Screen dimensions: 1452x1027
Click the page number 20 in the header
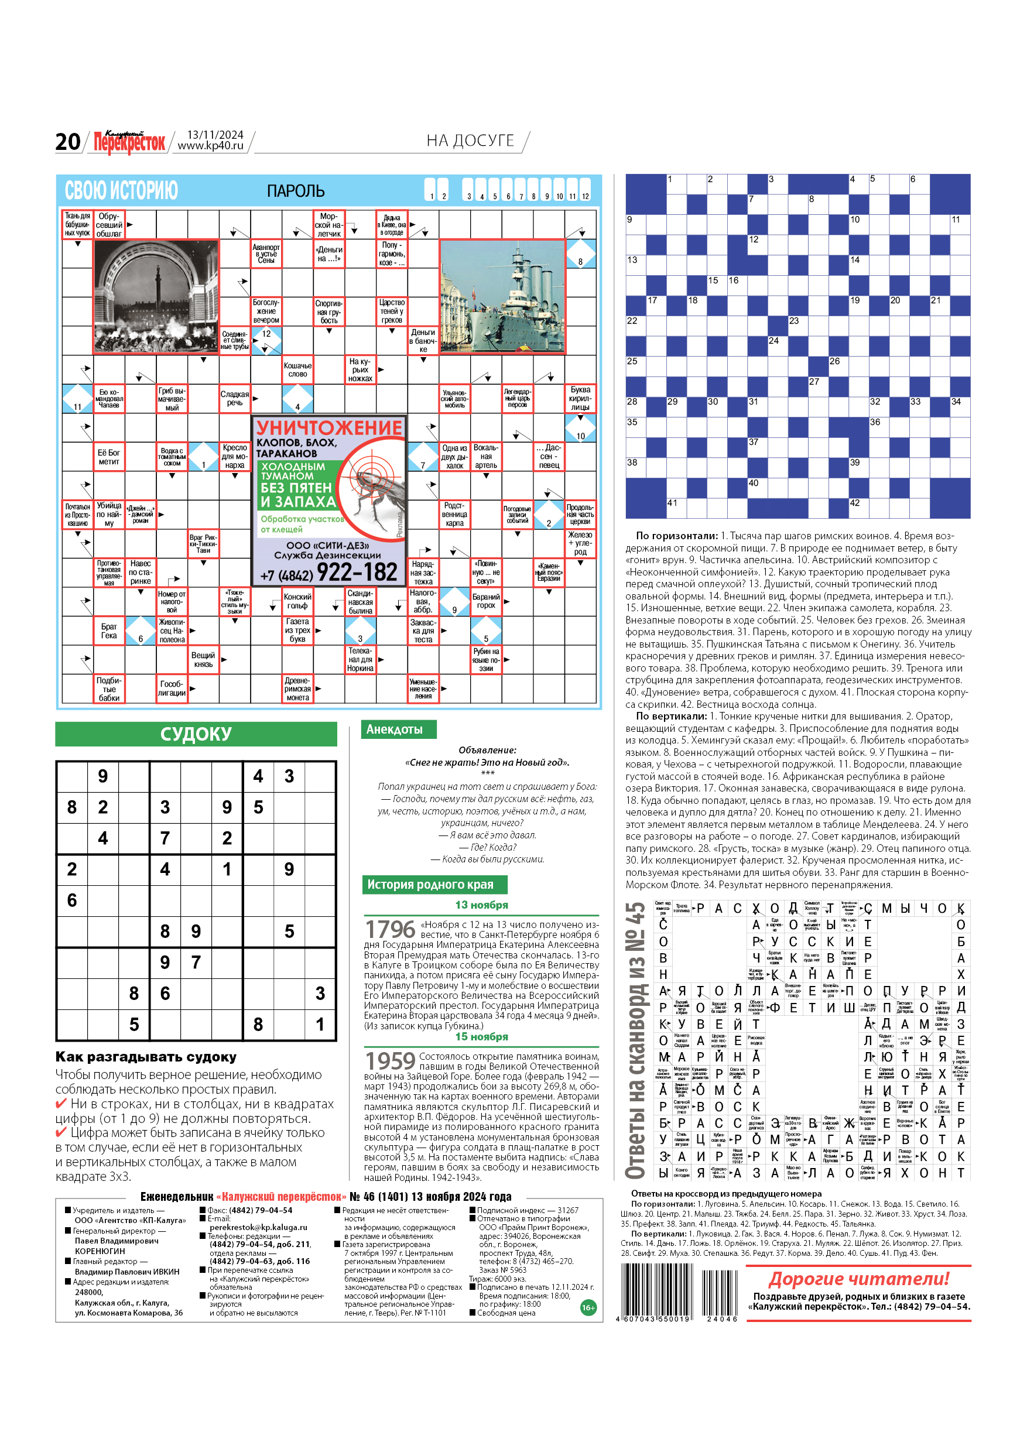click(68, 142)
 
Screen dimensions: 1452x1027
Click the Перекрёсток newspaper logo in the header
click(129, 142)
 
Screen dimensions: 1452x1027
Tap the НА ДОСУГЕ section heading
click(470, 141)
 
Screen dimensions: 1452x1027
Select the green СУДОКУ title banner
click(196, 734)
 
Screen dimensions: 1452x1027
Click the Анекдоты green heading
click(395, 729)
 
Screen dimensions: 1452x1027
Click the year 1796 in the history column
click(390, 930)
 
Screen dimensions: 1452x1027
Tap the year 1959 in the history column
click(390, 1061)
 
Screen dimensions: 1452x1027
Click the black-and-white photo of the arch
click(156, 296)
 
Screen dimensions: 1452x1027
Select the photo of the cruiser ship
click(502, 296)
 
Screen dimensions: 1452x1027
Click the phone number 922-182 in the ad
click(357, 573)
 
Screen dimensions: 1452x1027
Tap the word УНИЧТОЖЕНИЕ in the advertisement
click(329, 427)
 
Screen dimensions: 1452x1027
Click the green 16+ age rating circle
click(587, 1308)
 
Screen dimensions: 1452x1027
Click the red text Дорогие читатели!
click(859, 1279)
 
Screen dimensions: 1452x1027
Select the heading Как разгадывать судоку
click(146, 1057)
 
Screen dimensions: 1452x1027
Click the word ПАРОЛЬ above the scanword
click(295, 191)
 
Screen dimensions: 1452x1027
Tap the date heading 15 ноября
click(481, 1036)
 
